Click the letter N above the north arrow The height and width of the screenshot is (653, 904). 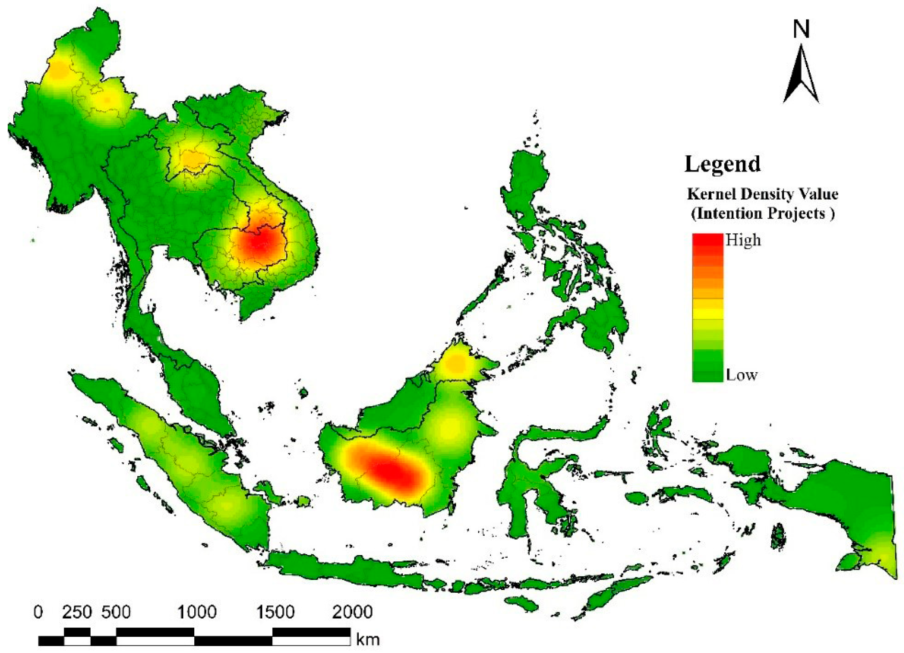(801, 30)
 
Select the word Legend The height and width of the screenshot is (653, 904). (722, 164)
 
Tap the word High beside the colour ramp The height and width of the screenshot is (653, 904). (743, 240)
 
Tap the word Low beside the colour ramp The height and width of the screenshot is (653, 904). (741, 375)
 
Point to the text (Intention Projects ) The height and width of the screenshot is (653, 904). (762, 213)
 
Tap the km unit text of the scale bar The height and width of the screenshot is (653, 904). (367, 640)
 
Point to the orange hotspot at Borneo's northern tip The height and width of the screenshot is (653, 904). (456, 364)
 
